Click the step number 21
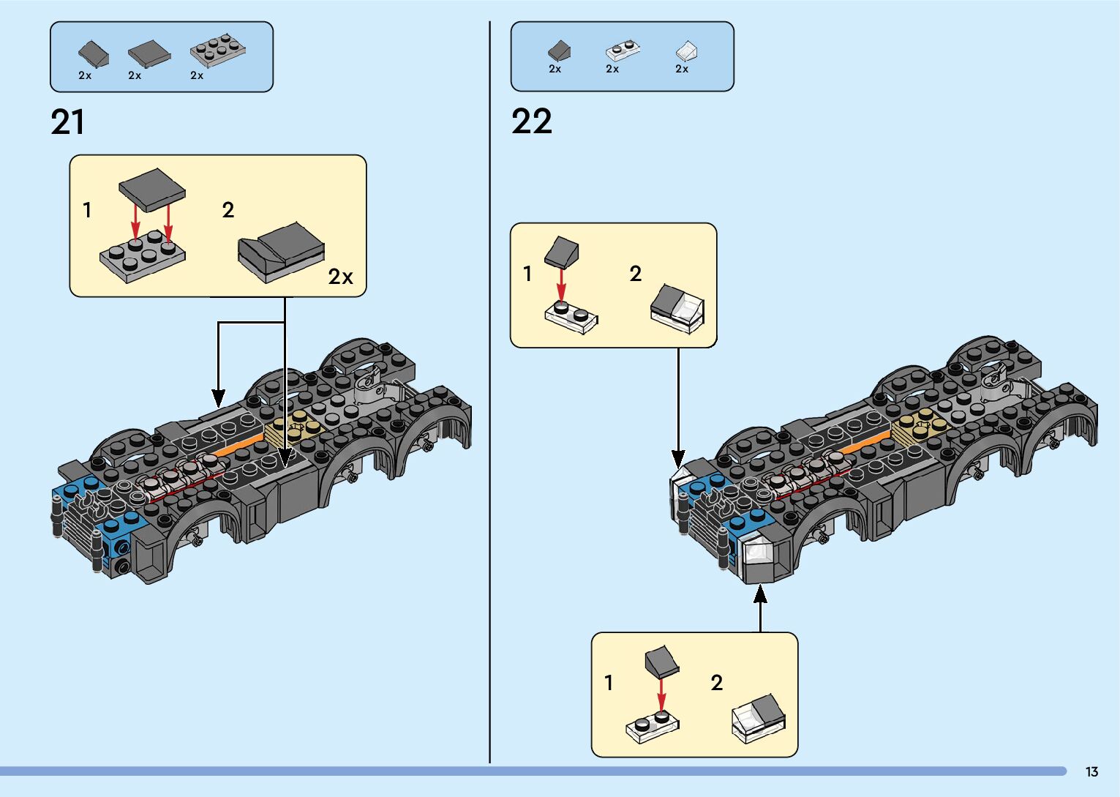(67, 122)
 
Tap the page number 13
(1091, 771)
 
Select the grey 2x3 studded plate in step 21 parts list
(217, 50)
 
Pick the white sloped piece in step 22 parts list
(686, 51)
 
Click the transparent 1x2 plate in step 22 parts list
(623, 50)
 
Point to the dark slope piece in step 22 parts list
(559, 50)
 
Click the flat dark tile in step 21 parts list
(149, 54)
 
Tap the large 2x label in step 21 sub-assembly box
(340, 277)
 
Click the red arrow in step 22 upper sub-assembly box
(562, 285)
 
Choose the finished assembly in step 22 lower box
(759, 719)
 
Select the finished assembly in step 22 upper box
(677, 309)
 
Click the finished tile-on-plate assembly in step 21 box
(281, 252)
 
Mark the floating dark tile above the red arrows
(152, 189)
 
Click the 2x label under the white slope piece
(682, 69)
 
